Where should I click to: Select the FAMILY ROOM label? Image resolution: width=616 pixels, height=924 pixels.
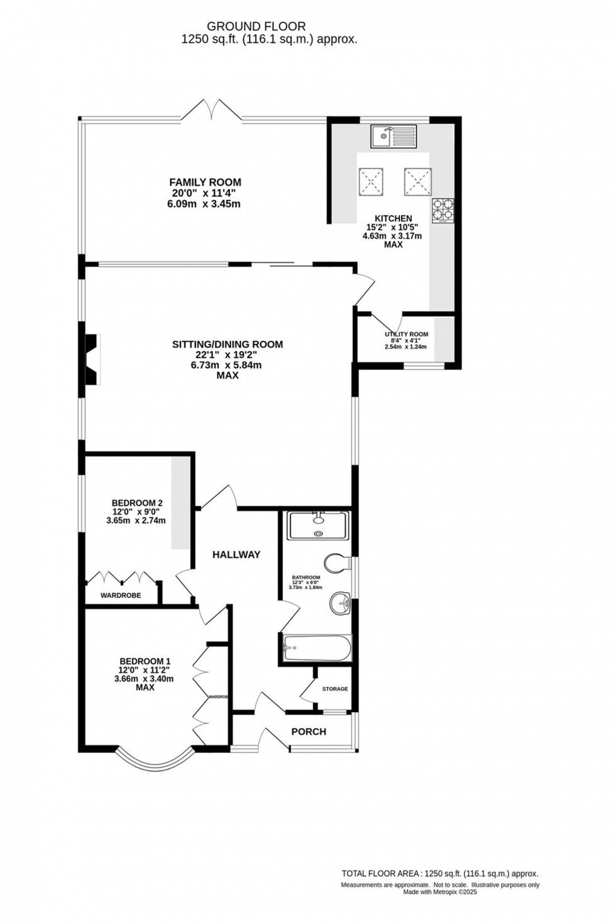pyautogui.click(x=200, y=182)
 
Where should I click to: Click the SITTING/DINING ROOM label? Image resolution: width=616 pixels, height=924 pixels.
pyautogui.click(x=228, y=344)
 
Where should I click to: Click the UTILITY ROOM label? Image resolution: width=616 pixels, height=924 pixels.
pyautogui.click(x=406, y=334)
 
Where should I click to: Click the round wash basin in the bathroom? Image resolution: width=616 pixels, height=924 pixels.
pyautogui.click(x=340, y=604)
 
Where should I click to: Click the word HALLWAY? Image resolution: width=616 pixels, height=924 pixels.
pyautogui.click(x=236, y=554)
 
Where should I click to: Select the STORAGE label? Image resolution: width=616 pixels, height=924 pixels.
pyautogui.click(x=334, y=689)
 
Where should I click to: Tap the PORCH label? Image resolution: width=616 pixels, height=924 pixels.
pyautogui.click(x=309, y=732)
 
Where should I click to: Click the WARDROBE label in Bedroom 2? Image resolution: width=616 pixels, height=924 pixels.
pyautogui.click(x=121, y=595)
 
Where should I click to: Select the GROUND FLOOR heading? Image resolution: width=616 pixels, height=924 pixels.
pyautogui.click(x=256, y=26)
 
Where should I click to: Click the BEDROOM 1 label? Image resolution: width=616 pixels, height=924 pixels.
pyautogui.click(x=145, y=661)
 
